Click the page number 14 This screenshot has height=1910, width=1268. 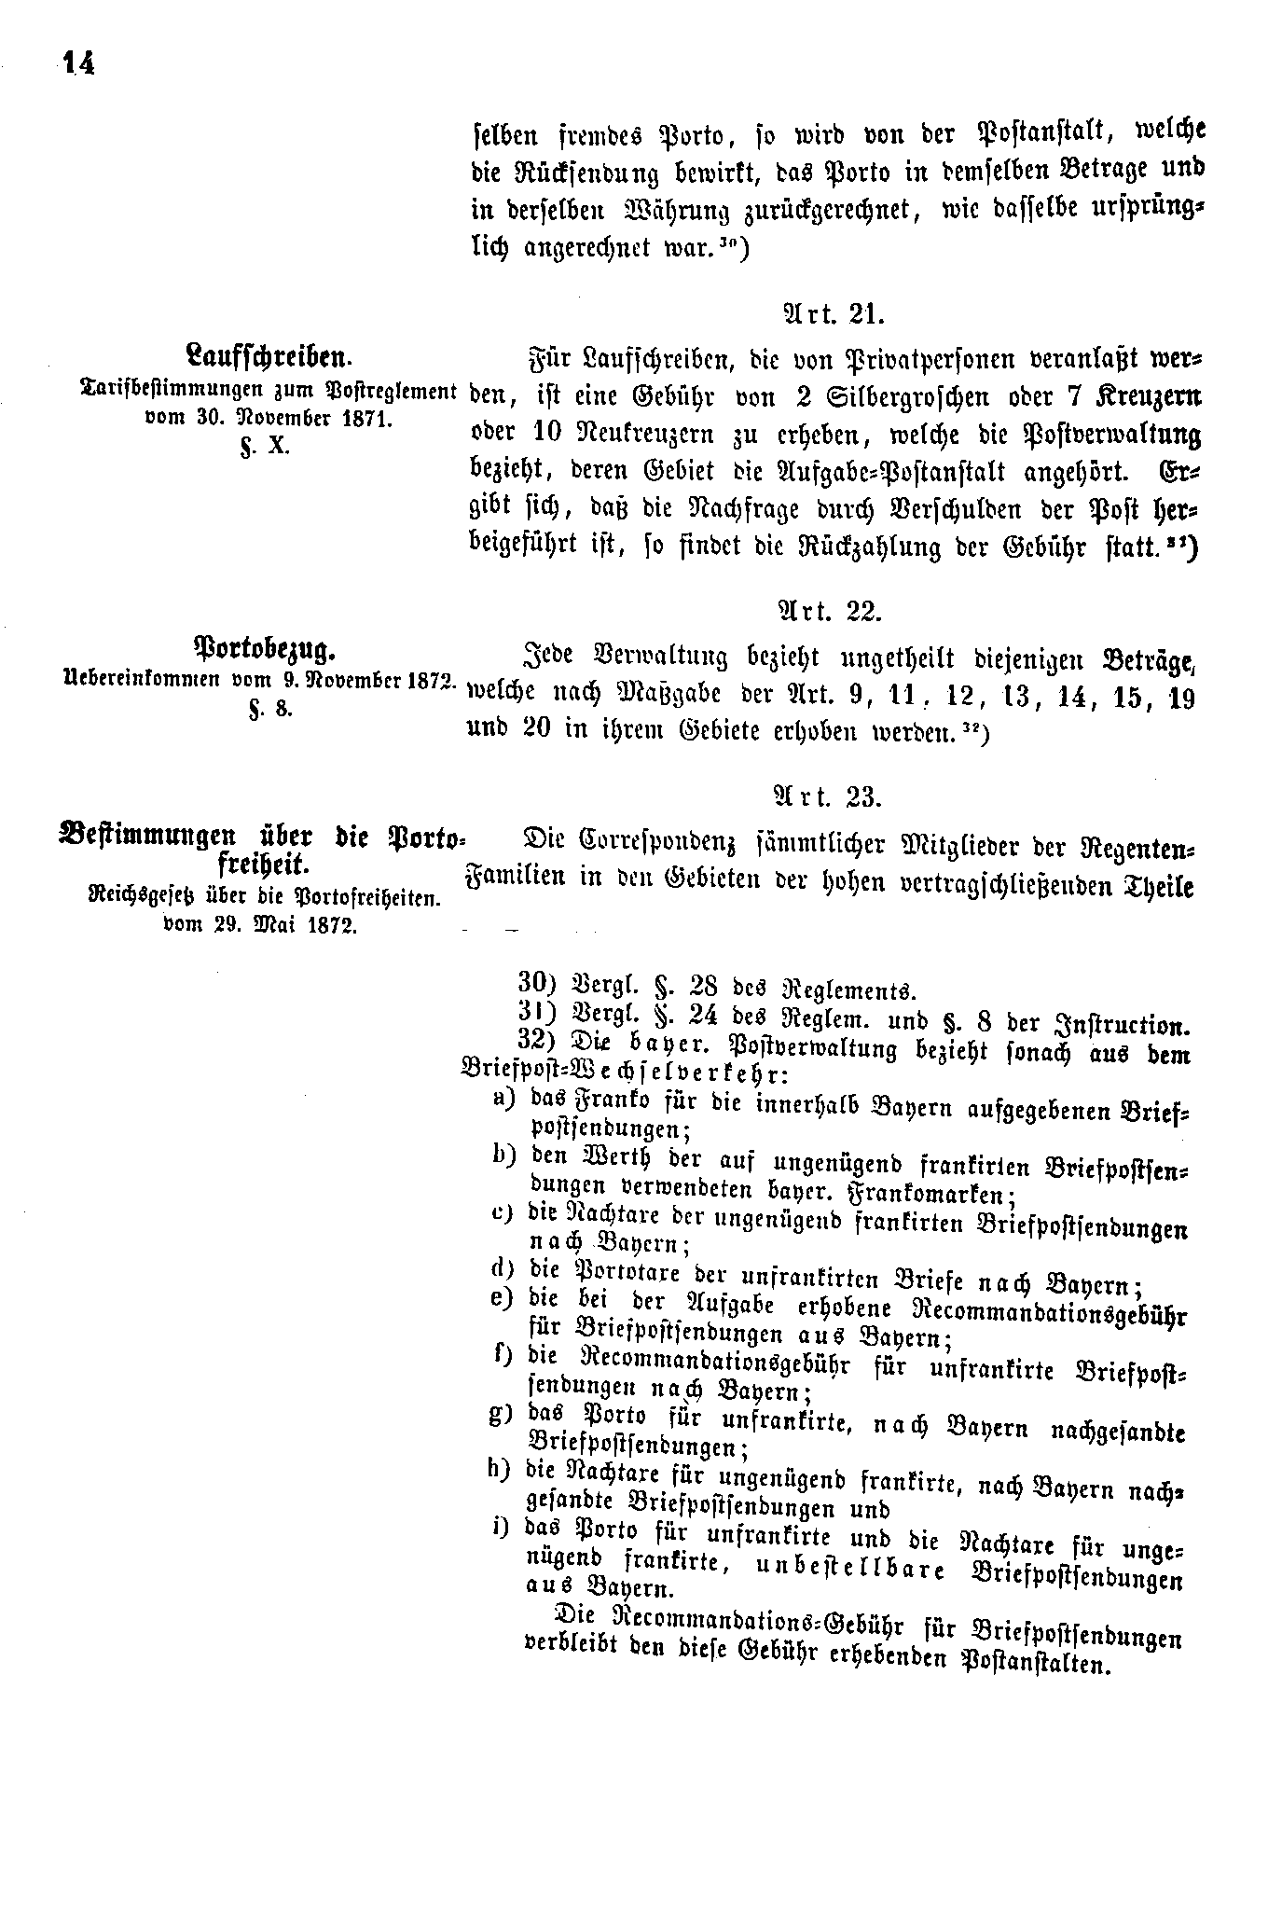(77, 64)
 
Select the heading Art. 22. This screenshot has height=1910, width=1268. (829, 611)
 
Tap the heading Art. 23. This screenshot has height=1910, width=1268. (829, 796)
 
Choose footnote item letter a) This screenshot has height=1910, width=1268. (504, 1098)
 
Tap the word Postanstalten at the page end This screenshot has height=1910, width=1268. (1036, 1662)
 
